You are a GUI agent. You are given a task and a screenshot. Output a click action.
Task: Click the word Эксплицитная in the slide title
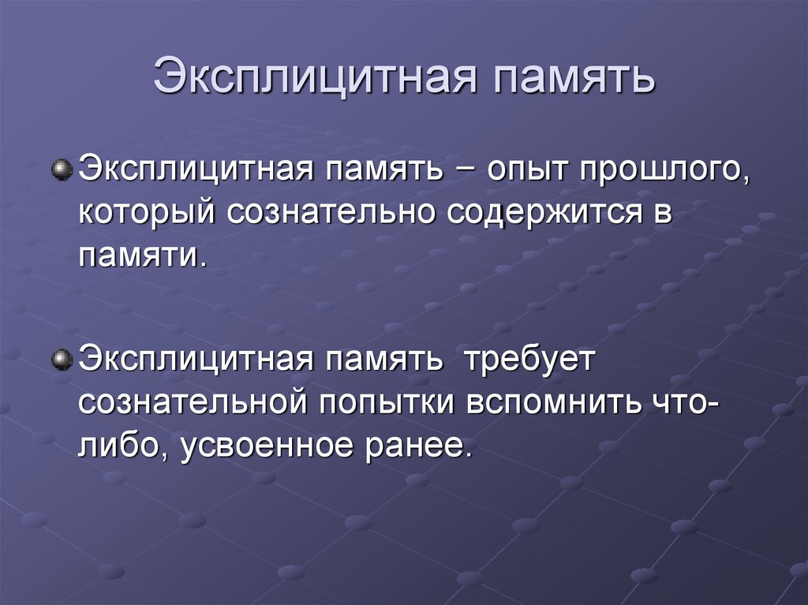[314, 77]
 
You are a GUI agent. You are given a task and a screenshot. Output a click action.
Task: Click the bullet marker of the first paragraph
[62, 169]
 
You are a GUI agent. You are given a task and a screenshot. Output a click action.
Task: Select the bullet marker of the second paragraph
[62, 360]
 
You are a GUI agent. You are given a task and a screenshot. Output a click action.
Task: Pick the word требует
[530, 360]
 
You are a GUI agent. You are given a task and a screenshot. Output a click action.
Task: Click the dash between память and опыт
[465, 172]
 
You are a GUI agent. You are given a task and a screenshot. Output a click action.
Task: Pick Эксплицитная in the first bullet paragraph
[196, 170]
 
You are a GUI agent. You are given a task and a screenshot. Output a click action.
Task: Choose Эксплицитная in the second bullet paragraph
[196, 360]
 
